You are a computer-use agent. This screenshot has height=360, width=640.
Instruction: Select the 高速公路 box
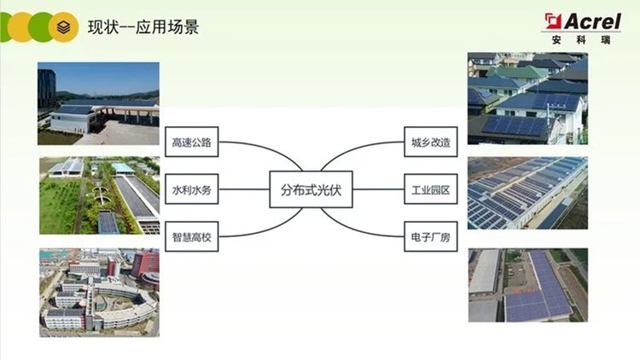click(191, 142)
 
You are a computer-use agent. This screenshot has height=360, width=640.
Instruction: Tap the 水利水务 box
click(191, 190)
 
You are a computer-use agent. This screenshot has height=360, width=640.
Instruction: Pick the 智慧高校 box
click(191, 237)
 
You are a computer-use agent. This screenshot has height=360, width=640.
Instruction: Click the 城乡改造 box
click(430, 142)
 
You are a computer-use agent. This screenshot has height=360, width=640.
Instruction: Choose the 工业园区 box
click(430, 190)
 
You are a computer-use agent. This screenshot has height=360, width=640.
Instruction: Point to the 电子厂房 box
click(430, 237)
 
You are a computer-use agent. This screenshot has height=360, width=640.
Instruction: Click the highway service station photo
click(97, 103)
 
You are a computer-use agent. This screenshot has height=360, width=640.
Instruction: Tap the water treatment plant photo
click(97, 195)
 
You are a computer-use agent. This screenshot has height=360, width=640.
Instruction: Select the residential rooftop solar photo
click(527, 97)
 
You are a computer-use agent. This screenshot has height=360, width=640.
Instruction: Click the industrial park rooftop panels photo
click(527, 193)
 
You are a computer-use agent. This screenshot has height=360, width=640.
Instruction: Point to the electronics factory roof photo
click(527, 285)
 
